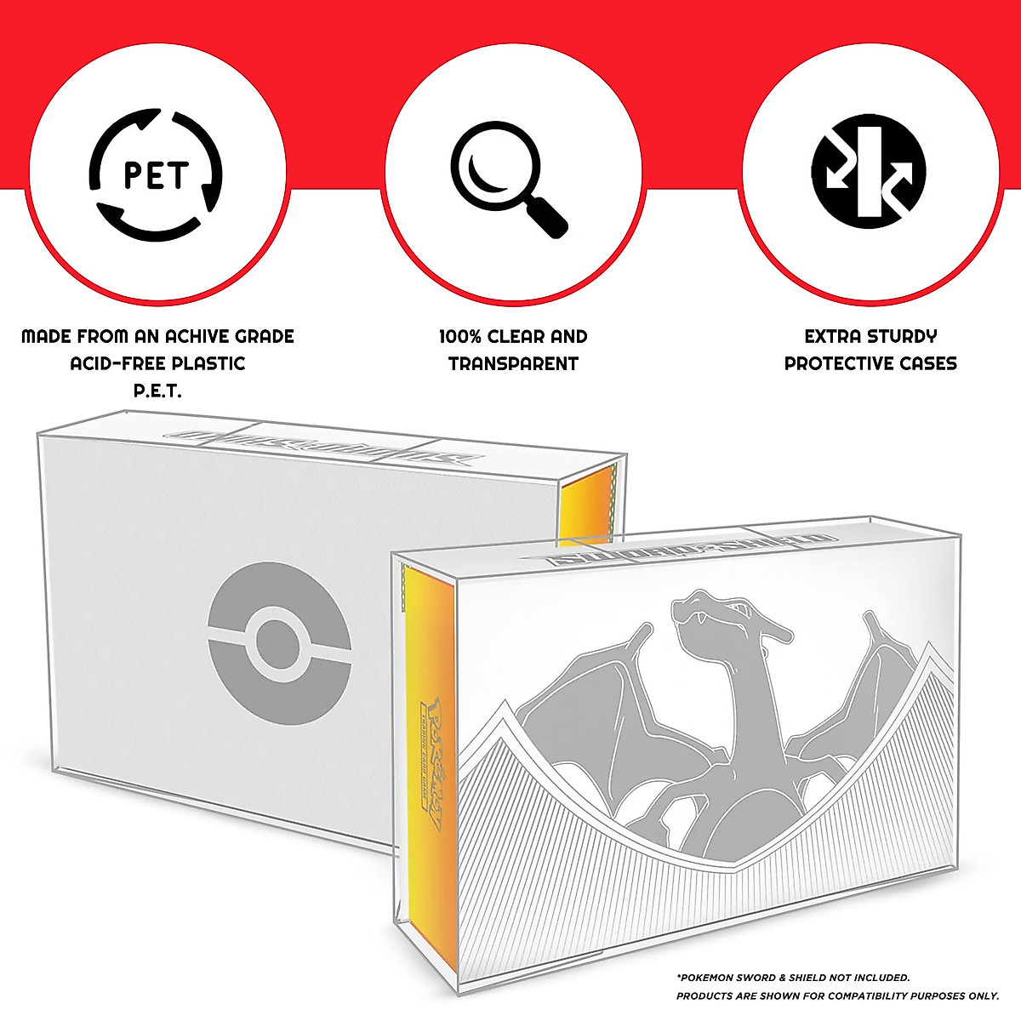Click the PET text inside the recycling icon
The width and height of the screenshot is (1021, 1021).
point(157,176)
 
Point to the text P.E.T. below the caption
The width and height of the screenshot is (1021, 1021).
point(157,391)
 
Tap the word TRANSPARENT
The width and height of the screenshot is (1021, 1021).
point(513,364)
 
